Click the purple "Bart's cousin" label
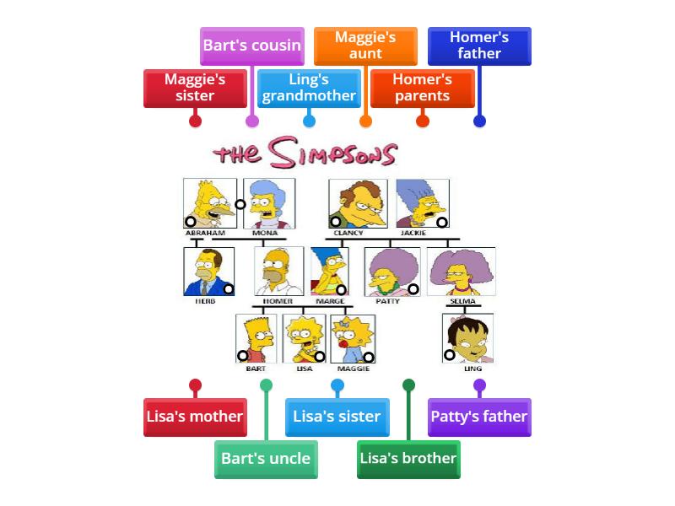point(251,46)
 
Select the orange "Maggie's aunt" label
point(365,46)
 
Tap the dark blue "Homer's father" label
point(479,46)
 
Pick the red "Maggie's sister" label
point(195,88)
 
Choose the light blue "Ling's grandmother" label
point(309,88)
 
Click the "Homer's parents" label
point(423,88)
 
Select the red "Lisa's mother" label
point(195,417)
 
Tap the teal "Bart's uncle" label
point(266,459)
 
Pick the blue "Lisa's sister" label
point(337,417)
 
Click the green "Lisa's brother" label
point(408,459)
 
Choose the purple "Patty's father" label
point(479,417)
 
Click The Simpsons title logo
point(305,154)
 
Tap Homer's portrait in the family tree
point(279,271)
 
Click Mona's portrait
point(269,202)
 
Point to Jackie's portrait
point(422,202)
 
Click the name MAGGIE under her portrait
point(353,369)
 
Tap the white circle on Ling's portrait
point(450,355)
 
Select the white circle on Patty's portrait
point(413,288)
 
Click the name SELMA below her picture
point(462,301)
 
